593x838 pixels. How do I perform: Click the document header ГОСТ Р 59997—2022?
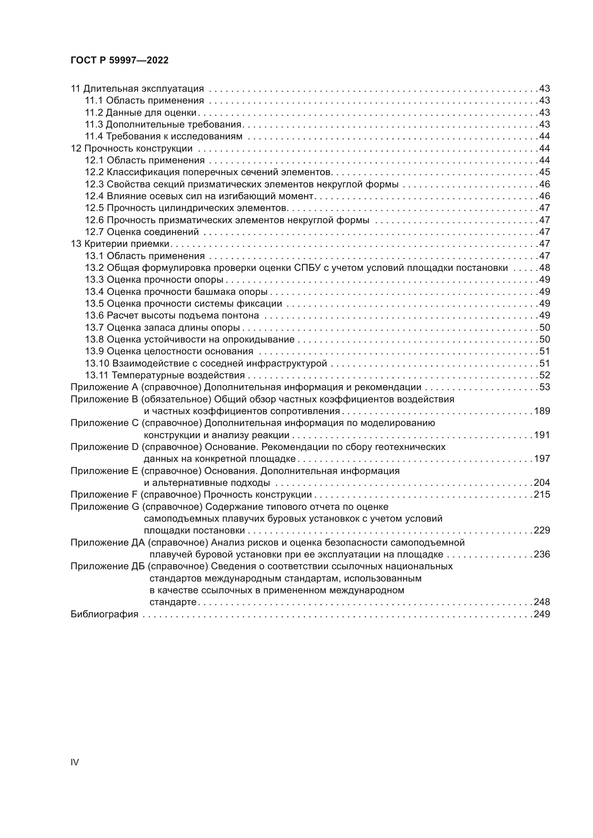point(119,61)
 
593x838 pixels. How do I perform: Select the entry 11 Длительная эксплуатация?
point(137,89)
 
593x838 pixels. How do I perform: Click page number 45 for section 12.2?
point(545,172)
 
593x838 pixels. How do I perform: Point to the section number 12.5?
point(95,208)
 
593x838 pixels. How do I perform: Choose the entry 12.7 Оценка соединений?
point(142,232)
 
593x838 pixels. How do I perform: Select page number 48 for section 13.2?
point(545,268)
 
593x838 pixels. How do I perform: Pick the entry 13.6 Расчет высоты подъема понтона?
point(172,315)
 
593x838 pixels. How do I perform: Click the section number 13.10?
point(97,364)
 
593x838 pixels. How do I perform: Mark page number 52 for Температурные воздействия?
point(545,375)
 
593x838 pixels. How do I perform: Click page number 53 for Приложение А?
point(545,387)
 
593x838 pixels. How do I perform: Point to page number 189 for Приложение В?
point(542,411)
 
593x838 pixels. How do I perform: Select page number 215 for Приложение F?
point(542,494)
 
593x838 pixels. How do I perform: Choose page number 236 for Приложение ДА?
point(542,554)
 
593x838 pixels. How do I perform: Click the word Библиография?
point(104,614)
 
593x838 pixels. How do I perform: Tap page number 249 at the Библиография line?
point(542,614)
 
